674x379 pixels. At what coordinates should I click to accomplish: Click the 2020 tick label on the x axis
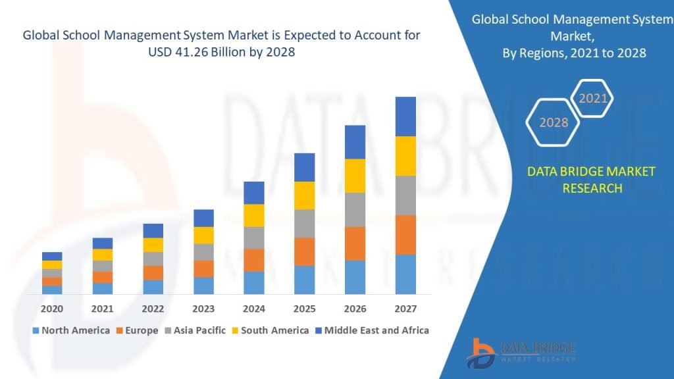pyautogui.click(x=52, y=308)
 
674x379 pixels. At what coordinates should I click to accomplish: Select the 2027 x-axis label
pyautogui.click(x=405, y=308)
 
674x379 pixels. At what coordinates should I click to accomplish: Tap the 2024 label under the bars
pyautogui.click(x=254, y=308)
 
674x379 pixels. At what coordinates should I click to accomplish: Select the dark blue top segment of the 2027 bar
pyautogui.click(x=405, y=116)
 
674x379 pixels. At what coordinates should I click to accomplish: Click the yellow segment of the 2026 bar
pyautogui.click(x=355, y=176)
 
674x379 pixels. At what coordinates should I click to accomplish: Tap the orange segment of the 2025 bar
pyautogui.click(x=304, y=251)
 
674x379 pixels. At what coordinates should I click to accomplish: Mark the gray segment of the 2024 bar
pyautogui.click(x=254, y=238)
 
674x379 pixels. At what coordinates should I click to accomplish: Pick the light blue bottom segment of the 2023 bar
pyautogui.click(x=203, y=286)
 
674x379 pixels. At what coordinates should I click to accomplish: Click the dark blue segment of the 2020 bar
pyautogui.click(x=52, y=256)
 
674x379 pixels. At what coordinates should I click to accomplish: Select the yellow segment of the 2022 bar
pyautogui.click(x=153, y=245)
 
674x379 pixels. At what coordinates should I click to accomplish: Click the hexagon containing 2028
pyautogui.click(x=554, y=122)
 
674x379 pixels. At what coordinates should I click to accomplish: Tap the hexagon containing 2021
pyautogui.click(x=592, y=99)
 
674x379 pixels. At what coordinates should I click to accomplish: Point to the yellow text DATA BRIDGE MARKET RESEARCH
pyautogui.click(x=592, y=180)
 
